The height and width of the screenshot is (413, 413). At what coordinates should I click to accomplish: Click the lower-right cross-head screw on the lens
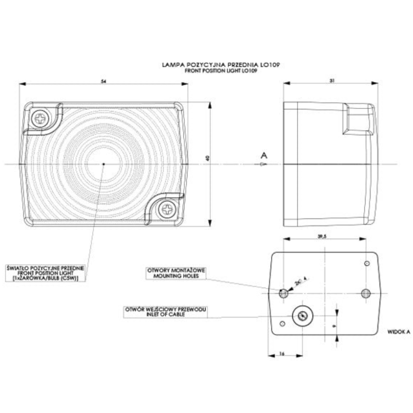pos(167,209)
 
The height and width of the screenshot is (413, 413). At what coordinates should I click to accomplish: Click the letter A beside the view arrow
pos(264,155)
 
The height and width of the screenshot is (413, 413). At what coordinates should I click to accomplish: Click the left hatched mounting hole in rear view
pos(283,293)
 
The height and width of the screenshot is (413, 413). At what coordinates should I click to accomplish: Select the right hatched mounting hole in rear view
pos(366,293)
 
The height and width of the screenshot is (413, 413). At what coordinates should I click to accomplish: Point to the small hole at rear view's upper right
pos(367,264)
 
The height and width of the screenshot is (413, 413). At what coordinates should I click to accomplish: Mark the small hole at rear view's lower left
pos(282,323)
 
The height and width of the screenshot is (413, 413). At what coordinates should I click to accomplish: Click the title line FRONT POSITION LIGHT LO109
pos(221,70)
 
